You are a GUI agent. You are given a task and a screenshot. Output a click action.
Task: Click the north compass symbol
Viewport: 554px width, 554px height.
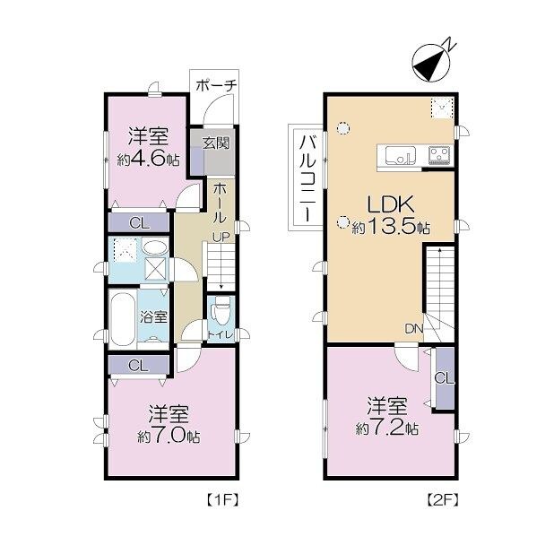click(x=431, y=63)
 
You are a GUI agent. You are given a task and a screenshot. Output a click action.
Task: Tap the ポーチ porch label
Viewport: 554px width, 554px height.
click(x=215, y=85)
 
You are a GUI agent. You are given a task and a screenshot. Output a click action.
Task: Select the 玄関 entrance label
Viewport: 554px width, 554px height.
click(x=216, y=143)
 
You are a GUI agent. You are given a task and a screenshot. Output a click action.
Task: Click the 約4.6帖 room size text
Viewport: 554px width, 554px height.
click(x=149, y=160)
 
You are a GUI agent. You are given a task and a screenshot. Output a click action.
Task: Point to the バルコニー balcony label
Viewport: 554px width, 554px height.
click(x=306, y=178)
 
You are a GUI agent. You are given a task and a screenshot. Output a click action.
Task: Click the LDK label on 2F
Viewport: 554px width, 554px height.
click(x=390, y=204)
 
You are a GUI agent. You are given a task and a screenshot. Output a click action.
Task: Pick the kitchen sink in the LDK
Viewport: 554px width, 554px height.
click(x=401, y=155)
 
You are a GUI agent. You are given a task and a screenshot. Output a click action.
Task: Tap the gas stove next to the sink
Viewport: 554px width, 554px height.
click(x=440, y=155)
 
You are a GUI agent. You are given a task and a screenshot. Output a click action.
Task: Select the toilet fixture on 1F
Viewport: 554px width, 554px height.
click(x=221, y=310)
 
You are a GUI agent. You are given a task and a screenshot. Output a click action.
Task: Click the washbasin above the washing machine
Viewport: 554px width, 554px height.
click(x=155, y=247)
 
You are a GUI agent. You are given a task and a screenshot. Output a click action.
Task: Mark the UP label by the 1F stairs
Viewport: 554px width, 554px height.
click(x=221, y=237)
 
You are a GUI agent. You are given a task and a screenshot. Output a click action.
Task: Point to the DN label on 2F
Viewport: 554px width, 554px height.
click(x=414, y=329)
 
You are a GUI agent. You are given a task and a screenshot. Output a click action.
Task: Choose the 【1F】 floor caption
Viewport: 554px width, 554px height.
click(x=222, y=499)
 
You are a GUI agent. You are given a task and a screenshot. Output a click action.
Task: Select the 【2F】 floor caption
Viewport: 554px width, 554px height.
click(x=442, y=499)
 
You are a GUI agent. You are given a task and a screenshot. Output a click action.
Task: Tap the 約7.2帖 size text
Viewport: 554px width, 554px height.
click(x=387, y=428)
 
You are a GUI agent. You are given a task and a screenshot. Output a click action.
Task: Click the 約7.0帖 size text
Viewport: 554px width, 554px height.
click(x=169, y=437)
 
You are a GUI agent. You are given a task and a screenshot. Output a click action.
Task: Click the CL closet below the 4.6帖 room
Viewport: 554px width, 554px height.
click(x=139, y=223)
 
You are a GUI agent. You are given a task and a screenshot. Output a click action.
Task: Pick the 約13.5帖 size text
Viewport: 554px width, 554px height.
click(x=391, y=228)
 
